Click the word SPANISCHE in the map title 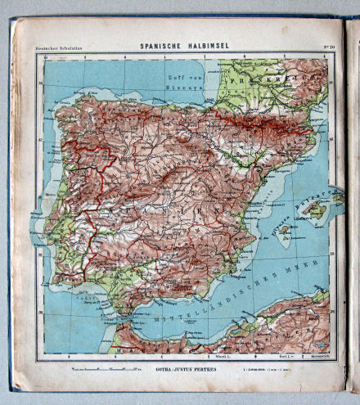point(155,46)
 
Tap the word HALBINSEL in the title point(205,46)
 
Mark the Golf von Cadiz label point(78,299)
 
